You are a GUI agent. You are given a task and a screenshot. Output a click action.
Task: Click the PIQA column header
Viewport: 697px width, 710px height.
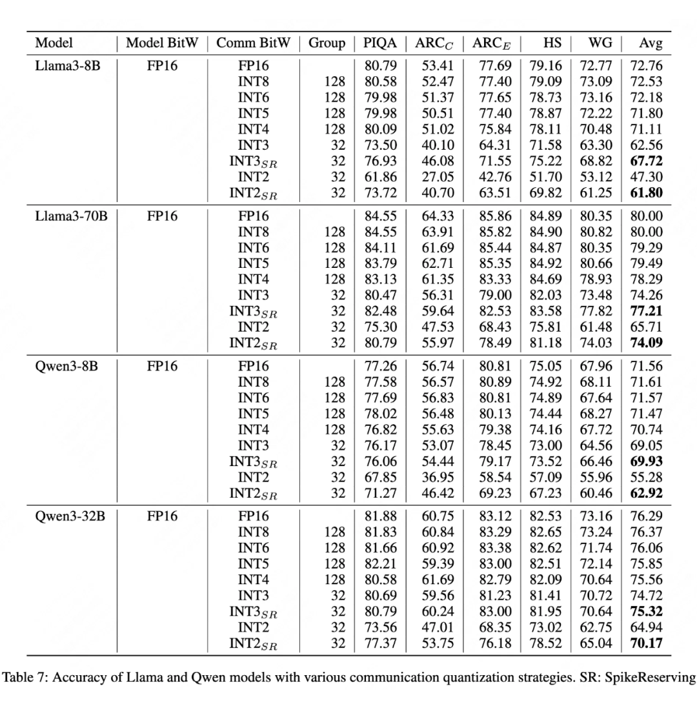tap(379, 44)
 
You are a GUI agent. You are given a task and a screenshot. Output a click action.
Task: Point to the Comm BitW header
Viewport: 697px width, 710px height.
tap(253, 44)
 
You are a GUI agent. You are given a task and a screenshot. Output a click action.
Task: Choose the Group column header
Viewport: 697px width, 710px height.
tap(327, 44)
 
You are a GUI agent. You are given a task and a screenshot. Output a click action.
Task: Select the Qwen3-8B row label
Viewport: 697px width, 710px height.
tap(68, 367)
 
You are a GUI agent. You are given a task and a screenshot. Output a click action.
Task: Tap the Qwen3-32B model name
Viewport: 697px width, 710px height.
tap(70, 516)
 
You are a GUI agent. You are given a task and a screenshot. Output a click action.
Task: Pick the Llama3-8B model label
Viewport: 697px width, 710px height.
tap(68, 66)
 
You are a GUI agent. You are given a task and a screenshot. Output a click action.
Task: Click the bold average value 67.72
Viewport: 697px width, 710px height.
tap(646, 161)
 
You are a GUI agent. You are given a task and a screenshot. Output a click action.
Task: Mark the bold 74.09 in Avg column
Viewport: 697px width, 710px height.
tap(646, 343)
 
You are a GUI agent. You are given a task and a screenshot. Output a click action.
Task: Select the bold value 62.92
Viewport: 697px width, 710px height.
tap(646, 493)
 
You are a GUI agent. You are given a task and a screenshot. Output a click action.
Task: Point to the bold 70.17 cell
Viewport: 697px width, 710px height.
tap(646, 643)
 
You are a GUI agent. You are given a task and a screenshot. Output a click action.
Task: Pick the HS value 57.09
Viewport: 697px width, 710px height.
tap(546, 477)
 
